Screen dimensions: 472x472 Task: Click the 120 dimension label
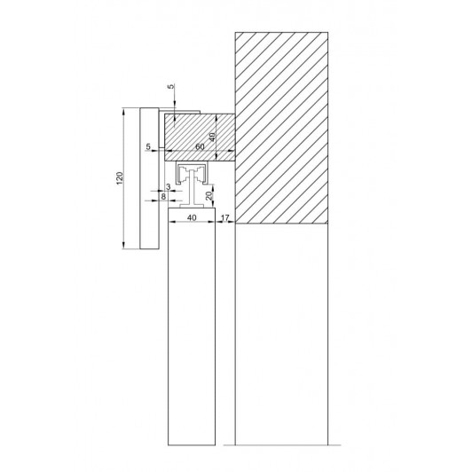[x=120, y=178]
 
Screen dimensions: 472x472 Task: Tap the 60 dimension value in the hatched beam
[x=200, y=146]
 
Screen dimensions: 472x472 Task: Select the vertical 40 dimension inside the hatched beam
[x=212, y=138]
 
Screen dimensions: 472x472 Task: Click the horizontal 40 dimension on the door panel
[x=192, y=217]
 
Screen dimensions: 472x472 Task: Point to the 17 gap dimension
[x=224, y=217]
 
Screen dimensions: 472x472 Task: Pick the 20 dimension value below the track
[x=209, y=196]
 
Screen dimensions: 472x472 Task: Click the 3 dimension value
[x=169, y=187]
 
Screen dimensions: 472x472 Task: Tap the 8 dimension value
[x=163, y=197]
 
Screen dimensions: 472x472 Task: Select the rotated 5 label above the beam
[x=170, y=86]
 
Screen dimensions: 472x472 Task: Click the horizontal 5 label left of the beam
[x=148, y=146]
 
